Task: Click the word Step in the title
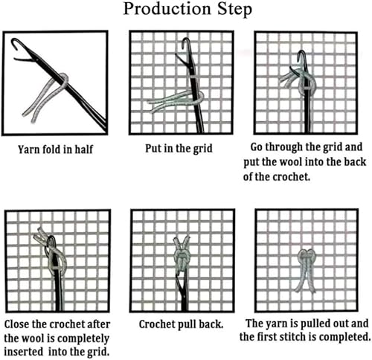(235, 10)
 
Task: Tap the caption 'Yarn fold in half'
(55, 150)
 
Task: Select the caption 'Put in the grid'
(179, 149)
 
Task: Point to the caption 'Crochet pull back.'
(181, 324)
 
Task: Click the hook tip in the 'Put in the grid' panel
(185, 42)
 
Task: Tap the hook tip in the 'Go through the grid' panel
(301, 54)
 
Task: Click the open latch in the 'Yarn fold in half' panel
(24, 60)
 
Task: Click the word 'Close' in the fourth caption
(17, 324)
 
